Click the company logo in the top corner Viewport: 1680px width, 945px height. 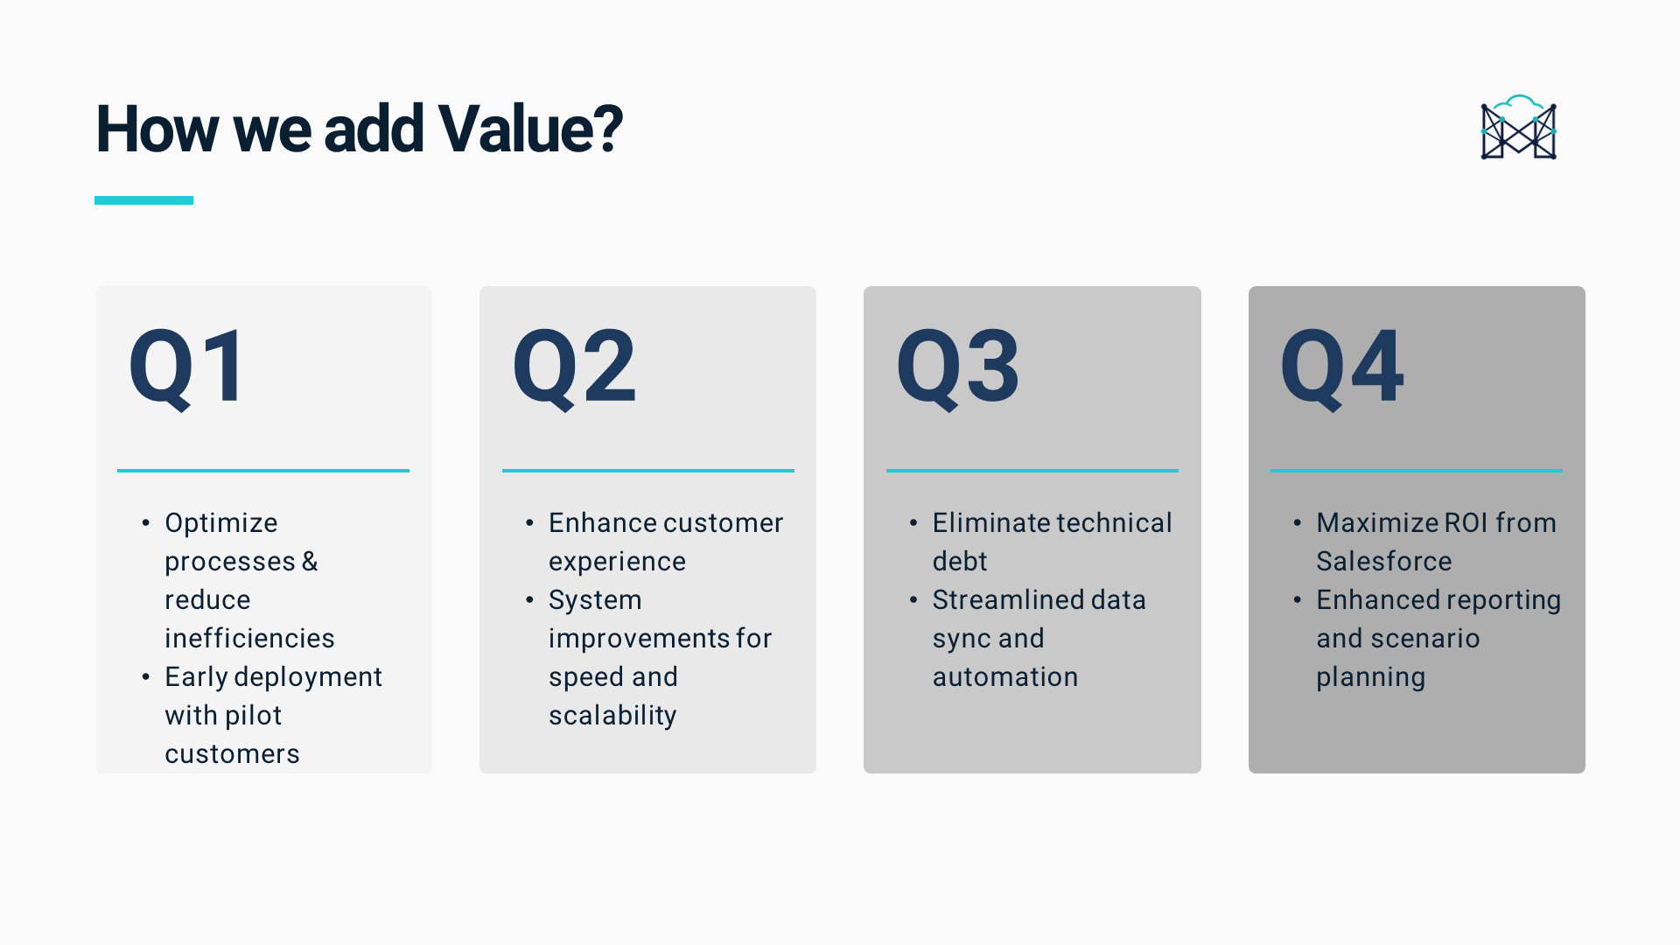coord(1518,128)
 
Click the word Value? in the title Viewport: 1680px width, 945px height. coord(530,129)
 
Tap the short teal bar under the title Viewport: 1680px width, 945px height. coord(143,200)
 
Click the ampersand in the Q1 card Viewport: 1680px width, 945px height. coord(310,561)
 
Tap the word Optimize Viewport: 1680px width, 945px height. coord(221,523)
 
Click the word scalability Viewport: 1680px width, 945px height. coord(612,716)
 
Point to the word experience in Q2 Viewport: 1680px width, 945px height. coord(617,562)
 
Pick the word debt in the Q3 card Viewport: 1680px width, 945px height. coord(960,561)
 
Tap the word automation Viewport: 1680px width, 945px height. coord(1005,676)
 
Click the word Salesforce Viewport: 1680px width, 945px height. coord(1384,561)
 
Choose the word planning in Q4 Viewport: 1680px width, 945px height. coord(1371,677)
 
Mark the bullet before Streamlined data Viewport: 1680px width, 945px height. coord(913,599)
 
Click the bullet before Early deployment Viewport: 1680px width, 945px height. coord(145,676)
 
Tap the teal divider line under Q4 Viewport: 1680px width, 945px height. coord(1417,471)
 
